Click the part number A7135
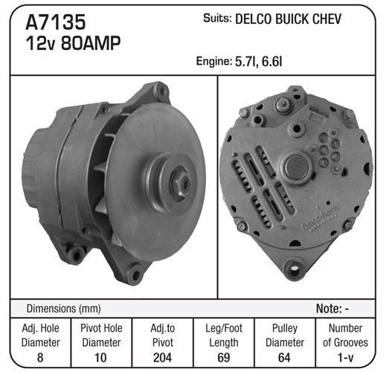[x=56, y=22]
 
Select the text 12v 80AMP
[x=73, y=43]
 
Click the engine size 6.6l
[x=272, y=62]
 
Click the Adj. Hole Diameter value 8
[x=40, y=357]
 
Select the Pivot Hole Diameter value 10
[x=100, y=357]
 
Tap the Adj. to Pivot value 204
[x=162, y=357]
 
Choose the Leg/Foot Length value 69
[x=224, y=357]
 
